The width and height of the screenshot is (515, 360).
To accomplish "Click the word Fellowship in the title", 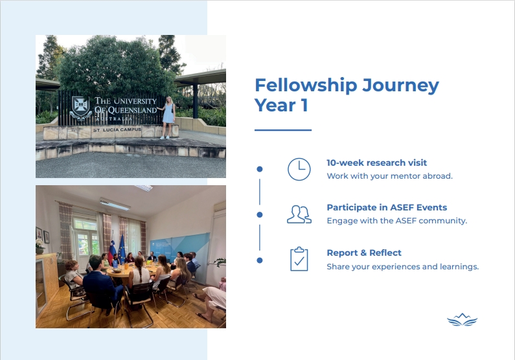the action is click(306, 85).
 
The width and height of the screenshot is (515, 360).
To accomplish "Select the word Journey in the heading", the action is click(401, 86).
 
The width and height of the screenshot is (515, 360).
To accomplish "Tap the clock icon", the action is click(299, 169).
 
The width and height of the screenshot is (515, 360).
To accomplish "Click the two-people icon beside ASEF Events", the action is click(299, 214).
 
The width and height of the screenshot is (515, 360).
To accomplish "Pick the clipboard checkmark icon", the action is click(299, 259).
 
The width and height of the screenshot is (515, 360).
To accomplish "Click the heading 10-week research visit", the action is click(377, 163).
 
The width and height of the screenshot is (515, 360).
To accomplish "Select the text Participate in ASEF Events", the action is click(387, 207).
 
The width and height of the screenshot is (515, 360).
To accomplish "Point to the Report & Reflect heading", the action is click(364, 253).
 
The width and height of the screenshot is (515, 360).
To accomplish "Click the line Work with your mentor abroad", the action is click(389, 176).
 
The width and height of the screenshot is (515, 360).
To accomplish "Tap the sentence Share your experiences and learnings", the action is click(403, 267).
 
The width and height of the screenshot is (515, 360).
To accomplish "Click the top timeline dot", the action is click(260, 169).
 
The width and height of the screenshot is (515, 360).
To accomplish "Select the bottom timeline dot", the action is click(260, 260).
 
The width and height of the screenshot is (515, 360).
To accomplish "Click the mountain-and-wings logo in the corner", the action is click(462, 320).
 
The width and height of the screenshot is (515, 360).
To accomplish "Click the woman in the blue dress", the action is click(168, 117).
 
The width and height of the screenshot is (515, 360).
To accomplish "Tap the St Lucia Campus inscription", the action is click(117, 129).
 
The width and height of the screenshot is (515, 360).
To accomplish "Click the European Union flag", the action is click(122, 249).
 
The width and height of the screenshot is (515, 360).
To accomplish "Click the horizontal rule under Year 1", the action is click(283, 130).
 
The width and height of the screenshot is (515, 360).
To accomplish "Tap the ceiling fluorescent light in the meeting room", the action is click(115, 204).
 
